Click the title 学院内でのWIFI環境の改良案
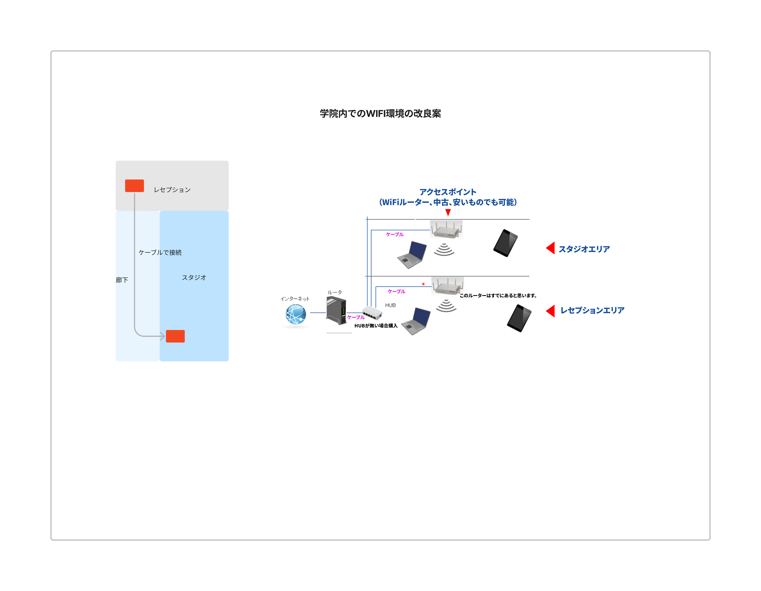coord(380,113)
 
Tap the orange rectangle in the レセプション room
coord(135,186)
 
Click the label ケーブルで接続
coord(160,252)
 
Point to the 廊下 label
coord(122,280)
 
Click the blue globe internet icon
coord(296,314)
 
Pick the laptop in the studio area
coord(412,254)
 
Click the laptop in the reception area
coord(416,321)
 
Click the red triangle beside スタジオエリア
coord(551,248)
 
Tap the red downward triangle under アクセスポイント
coord(448,212)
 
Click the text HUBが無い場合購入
coord(376,326)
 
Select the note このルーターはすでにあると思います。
coord(498,295)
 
